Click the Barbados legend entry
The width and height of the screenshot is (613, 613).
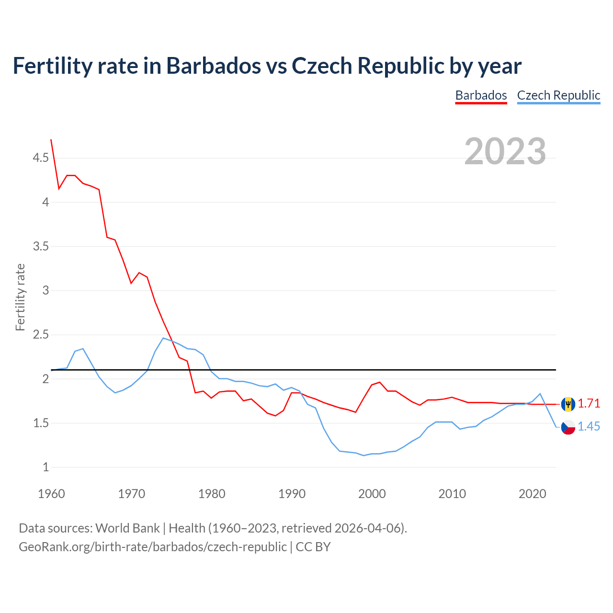(x=481, y=95)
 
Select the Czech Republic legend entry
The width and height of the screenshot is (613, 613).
(x=558, y=95)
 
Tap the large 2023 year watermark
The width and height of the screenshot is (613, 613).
(x=505, y=151)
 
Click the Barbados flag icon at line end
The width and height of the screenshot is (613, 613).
(x=568, y=404)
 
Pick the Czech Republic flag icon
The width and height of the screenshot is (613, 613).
(x=568, y=427)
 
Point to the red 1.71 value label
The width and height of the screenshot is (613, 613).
(x=589, y=404)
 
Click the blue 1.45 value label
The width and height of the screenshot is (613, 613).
(x=589, y=427)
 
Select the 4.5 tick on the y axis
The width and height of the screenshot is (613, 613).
(x=41, y=158)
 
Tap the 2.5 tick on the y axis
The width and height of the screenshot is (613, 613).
(x=41, y=335)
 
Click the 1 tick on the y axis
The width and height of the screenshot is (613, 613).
(x=46, y=467)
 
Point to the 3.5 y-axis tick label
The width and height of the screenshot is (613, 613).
(x=41, y=247)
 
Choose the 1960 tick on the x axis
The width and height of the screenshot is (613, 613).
(x=51, y=494)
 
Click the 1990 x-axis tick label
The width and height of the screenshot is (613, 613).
(x=292, y=494)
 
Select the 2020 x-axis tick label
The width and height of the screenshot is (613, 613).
(x=532, y=494)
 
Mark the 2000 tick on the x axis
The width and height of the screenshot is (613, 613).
(x=372, y=494)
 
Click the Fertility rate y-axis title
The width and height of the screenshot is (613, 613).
(x=20, y=297)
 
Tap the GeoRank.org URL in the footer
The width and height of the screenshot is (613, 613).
(x=152, y=547)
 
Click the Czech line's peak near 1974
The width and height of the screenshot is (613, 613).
(x=163, y=338)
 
